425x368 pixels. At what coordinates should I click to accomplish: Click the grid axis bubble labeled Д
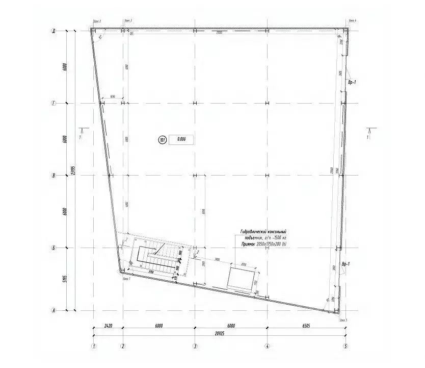tap(53, 31)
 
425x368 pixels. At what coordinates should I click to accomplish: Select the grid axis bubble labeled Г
tap(53, 103)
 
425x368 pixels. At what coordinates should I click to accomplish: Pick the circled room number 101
tap(163, 138)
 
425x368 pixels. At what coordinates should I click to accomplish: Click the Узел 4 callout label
tap(352, 20)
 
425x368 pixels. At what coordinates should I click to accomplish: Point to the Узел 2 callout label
tap(97, 20)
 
